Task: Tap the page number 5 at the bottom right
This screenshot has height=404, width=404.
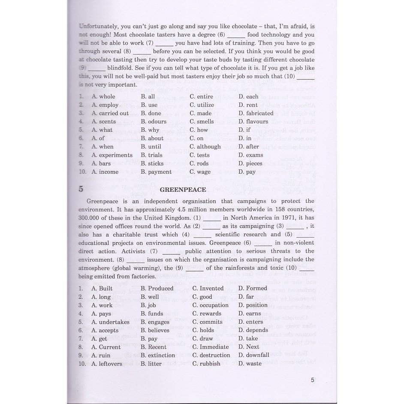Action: [x=313, y=380]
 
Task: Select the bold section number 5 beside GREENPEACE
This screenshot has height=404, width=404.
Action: [x=81, y=190]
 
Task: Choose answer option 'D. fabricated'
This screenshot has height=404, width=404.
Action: [x=256, y=113]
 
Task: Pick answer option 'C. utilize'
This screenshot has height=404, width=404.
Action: [x=202, y=105]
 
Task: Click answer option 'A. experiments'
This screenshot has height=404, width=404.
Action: [x=112, y=155]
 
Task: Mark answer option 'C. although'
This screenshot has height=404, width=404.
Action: [x=205, y=147]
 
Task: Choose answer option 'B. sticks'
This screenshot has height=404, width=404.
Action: [x=152, y=163]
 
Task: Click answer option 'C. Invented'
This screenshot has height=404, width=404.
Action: [x=208, y=289]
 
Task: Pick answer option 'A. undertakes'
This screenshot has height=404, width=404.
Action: [x=110, y=322]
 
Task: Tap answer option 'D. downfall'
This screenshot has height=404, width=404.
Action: [x=254, y=355]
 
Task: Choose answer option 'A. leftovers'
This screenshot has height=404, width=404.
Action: [x=107, y=364]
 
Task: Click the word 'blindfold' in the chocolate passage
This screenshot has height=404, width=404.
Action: [x=120, y=68]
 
